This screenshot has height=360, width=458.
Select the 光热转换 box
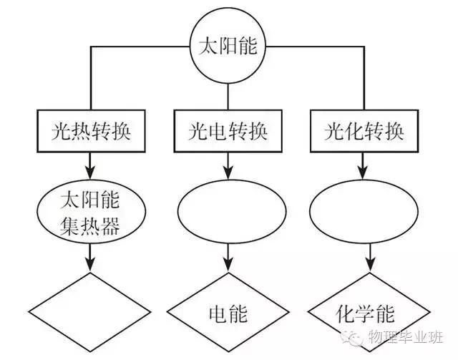(x=90, y=132)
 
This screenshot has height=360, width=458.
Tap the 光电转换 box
(x=228, y=132)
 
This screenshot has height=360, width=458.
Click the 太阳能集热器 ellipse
(x=89, y=213)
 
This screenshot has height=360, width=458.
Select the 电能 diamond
(x=228, y=313)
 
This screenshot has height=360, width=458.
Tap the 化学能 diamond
(x=366, y=313)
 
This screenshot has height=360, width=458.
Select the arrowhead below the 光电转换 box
(x=228, y=172)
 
